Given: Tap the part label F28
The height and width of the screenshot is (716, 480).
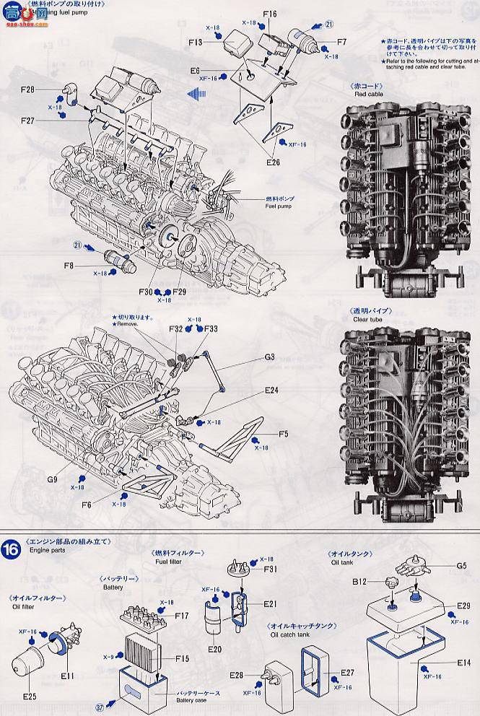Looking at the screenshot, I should (28, 90).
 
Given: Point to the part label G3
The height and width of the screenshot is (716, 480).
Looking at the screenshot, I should (269, 357).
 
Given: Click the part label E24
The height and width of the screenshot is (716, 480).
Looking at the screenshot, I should (271, 390).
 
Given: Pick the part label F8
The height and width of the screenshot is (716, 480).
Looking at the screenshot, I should (69, 266).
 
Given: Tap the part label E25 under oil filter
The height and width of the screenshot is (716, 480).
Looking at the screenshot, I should (30, 697).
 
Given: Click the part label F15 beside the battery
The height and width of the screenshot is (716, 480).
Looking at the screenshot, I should (181, 659).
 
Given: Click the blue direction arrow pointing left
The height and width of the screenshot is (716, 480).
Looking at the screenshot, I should (191, 93).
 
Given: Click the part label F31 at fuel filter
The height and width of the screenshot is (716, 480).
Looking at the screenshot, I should (270, 569).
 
